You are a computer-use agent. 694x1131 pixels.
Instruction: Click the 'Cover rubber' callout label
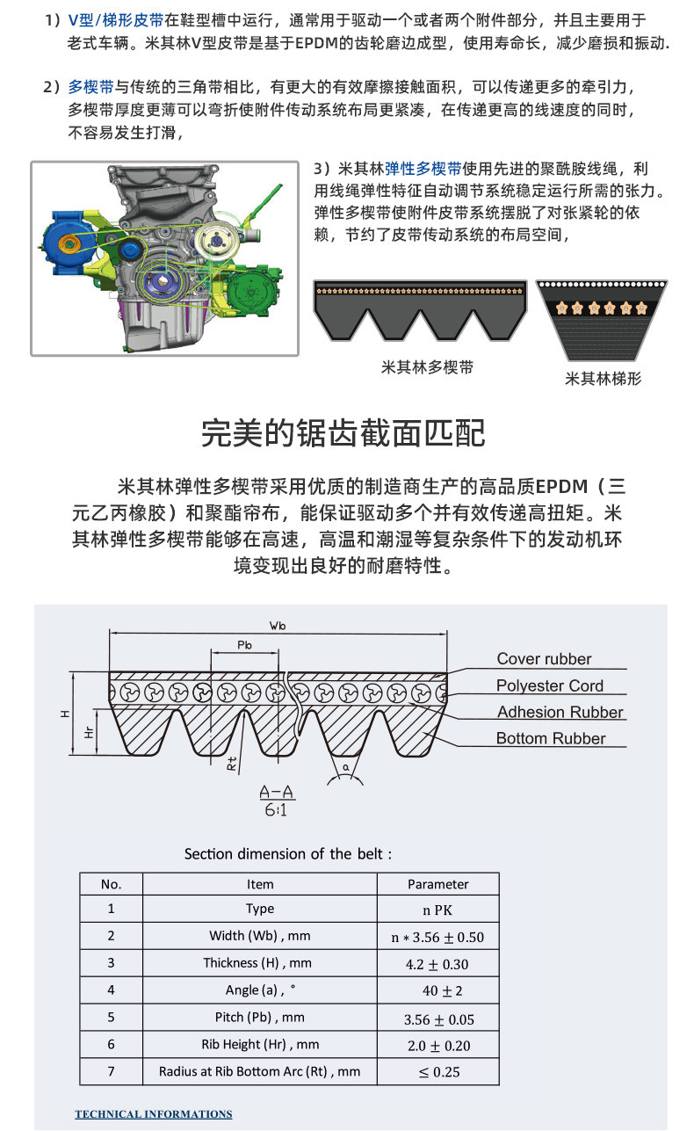pos(544,659)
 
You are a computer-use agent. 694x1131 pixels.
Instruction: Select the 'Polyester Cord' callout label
pos(549,685)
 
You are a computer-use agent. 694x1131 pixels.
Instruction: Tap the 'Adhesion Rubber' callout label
pos(560,712)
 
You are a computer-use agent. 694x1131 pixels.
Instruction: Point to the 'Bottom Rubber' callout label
pos(551,738)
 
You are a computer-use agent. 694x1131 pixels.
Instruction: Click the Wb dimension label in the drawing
pos(278,626)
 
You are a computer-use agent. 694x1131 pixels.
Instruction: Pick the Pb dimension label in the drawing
pos(245,646)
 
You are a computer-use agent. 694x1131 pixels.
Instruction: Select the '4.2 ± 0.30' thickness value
pos(437,964)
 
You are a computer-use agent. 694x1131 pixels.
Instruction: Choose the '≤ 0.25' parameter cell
pos(438,1071)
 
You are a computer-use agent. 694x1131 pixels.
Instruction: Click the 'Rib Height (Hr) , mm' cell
pos(260,1044)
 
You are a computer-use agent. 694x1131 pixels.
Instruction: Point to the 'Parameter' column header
pos(437,884)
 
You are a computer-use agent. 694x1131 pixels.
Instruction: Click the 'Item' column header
pos(260,884)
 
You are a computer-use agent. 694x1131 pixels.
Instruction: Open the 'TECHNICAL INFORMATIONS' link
pos(154,1114)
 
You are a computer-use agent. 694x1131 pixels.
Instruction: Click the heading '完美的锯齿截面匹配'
pos(343,432)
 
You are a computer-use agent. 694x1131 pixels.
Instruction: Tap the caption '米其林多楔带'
pos(427,367)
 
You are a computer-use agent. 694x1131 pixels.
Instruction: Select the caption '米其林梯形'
pos(603,379)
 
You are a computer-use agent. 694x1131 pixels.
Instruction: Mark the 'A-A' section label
pos(278,794)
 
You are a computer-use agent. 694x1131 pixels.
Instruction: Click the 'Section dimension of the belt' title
pos(288,854)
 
